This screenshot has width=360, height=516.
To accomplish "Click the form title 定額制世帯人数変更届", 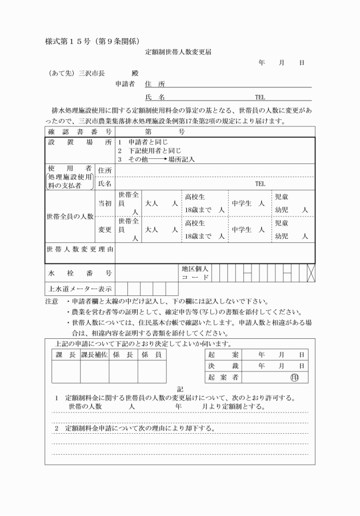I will click(x=179, y=51).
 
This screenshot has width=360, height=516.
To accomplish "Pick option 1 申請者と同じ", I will click(x=138, y=142).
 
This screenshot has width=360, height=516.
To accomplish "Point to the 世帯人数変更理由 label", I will click(x=79, y=250).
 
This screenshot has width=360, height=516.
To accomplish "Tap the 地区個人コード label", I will click(x=195, y=273).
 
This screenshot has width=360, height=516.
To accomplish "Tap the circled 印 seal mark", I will click(x=294, y=378).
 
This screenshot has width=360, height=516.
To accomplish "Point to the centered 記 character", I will click(x=181, y=389).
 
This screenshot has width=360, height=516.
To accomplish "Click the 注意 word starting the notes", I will click(x=51, y=301).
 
